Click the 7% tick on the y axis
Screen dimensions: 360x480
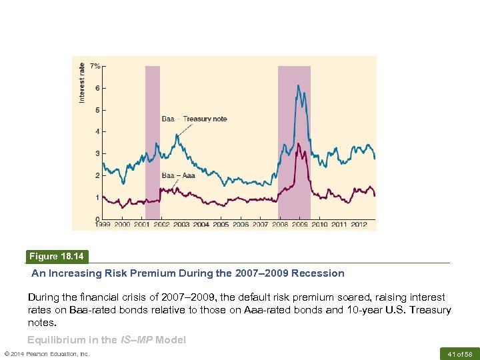96,66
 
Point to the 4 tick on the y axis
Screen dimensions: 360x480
98,131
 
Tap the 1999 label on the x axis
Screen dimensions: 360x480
103,225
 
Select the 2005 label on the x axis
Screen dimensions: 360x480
221,225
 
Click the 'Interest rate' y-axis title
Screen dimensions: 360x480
82,82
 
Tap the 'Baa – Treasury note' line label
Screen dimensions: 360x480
195,119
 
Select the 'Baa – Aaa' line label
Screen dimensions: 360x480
179,175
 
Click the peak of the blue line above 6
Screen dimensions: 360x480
298,85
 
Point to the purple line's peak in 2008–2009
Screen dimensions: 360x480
298,143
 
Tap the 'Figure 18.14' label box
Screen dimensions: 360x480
57,257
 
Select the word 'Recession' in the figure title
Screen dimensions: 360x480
320,273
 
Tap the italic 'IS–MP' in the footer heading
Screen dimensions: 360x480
137,340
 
